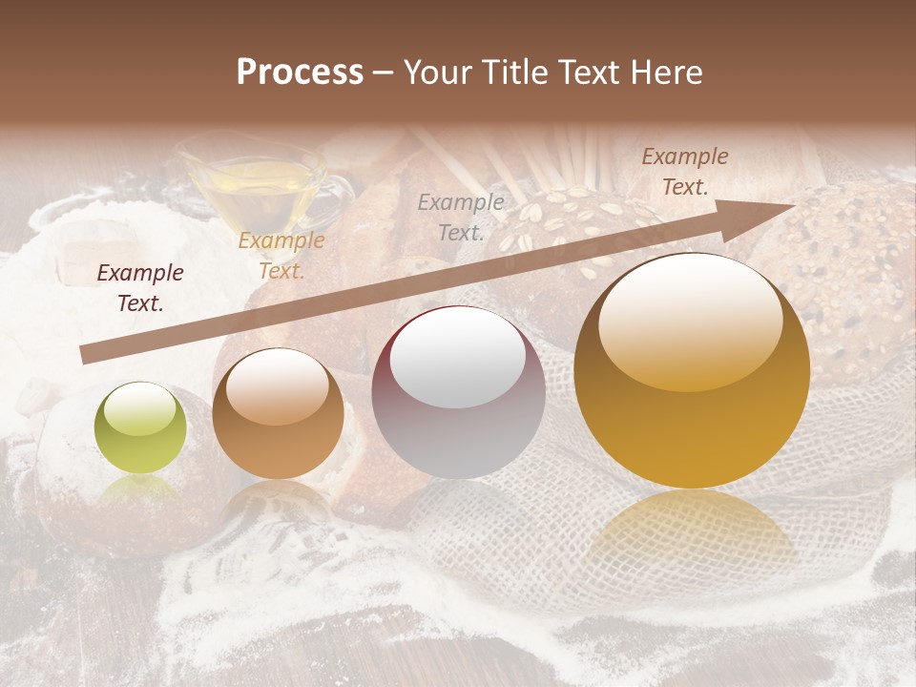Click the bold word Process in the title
tap(300, 73)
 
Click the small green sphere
tap(140, 428)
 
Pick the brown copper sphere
tap(278, 414)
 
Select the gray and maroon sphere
tap(458, 392)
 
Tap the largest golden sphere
tap(692, 370)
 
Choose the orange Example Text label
tap(281, 256)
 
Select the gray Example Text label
tap(461, 217)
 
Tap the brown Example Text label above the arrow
tap(685, 172)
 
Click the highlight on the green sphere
tap(139, 408)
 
